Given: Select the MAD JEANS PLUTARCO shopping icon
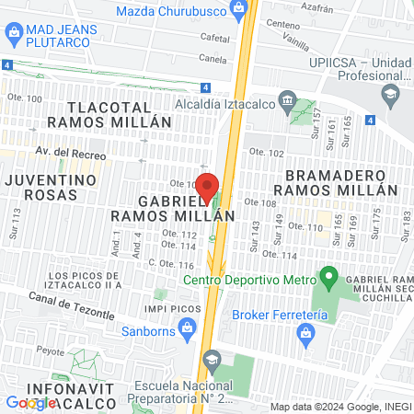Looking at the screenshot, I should (x=13, y=36).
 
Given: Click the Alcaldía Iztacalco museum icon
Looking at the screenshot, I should (x=286, y=101).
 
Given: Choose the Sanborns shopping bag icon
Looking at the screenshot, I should (x=188, y=326).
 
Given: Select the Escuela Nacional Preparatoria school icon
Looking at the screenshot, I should (x=212, y=359).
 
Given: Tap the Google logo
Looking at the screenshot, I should (x=30, y=402).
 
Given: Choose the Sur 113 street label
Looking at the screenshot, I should (x=15, y=224).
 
